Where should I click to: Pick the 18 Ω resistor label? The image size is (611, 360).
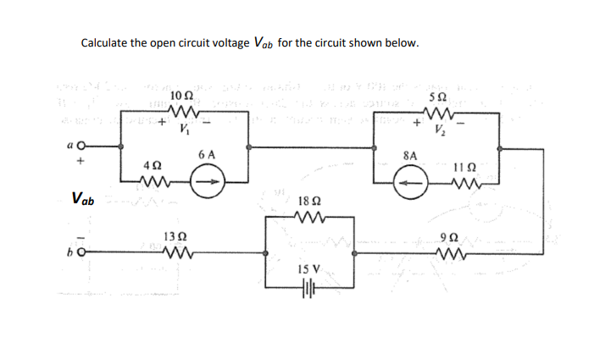[309, 202]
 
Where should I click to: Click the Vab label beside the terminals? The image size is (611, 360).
[83, 200]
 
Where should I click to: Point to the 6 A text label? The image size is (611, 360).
[206, 155]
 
